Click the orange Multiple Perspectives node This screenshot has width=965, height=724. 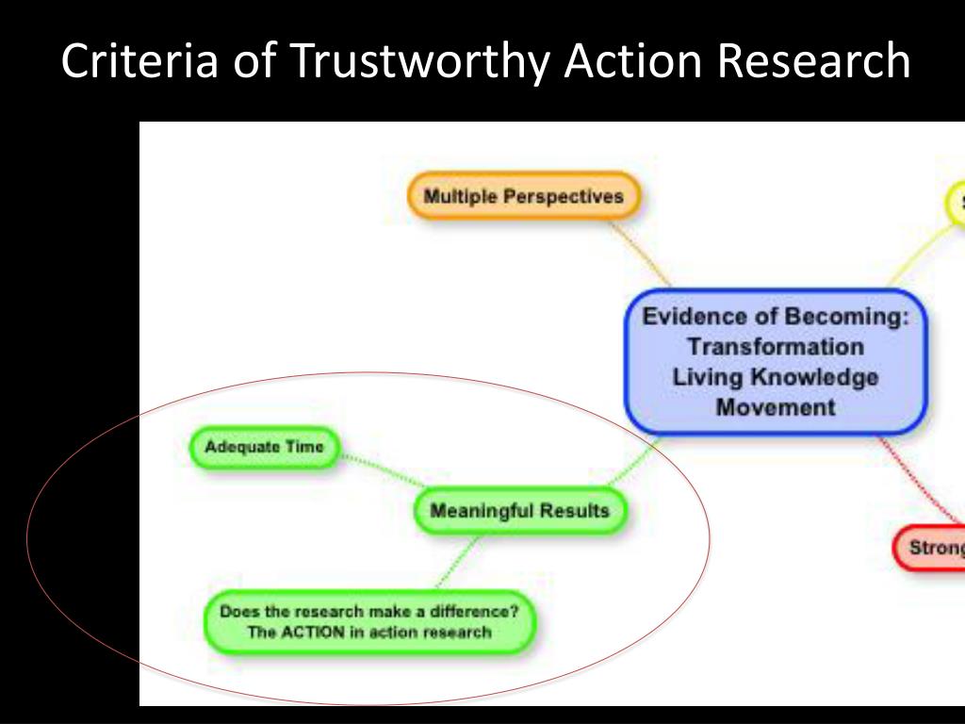[523, 197]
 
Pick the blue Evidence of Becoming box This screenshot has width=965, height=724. [776, 362]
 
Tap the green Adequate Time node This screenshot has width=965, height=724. [264, 447]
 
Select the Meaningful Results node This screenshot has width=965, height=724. [519, 511]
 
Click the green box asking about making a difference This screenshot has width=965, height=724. [369, 621]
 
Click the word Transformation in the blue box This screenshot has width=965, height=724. [776, 347]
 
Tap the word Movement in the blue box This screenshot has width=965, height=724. [776, 407]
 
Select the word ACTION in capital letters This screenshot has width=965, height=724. [314, 632]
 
